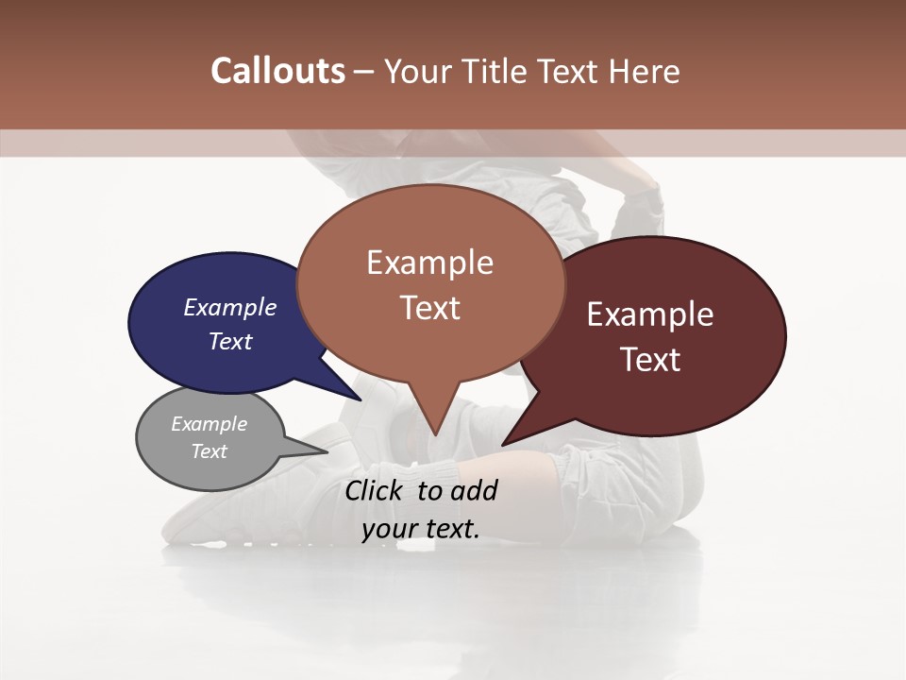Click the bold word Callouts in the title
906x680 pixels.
(277, 71)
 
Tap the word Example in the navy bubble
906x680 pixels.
(229, 307)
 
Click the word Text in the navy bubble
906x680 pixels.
(229, 341)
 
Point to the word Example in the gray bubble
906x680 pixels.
(209, 424)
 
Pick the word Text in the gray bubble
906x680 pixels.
(209, 451)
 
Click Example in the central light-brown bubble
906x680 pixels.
(429, 262)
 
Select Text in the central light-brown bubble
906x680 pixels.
(429, 307)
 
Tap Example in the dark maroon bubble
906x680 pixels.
(649, 314)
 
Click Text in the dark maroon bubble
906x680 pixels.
(649, 359)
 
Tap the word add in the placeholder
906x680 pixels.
(474, 490)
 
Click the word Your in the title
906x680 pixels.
(418, 71)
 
